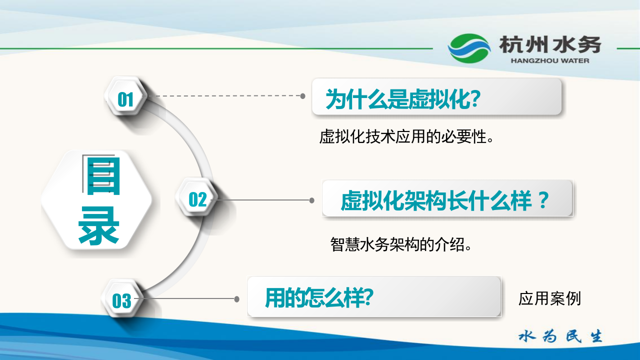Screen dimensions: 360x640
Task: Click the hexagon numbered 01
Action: [x=125, y=99]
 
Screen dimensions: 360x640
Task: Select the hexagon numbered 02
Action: [x=197, y=199]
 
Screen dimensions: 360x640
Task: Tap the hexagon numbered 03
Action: [x=121, y=300]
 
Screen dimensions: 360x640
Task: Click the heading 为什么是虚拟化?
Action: [x=403, y=99]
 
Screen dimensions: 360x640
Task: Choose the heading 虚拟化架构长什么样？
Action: [x=445, y=201]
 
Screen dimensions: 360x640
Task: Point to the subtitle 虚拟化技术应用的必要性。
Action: [x=406, y=136]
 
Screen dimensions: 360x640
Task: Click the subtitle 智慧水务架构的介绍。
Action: [x=401, y=244]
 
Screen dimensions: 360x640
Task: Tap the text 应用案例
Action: [x=549, y=299]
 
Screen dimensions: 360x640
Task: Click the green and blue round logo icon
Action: [x=469, y=48]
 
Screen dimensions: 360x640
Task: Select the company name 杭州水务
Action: [x=550, y=45]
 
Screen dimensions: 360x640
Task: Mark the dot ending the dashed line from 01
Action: [x=302, y=95]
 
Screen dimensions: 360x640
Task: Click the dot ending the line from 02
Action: [x=312, y=200]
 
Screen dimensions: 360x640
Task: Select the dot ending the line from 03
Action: [x=237, y=299]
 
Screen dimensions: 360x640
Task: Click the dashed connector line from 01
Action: [x=225, y=95]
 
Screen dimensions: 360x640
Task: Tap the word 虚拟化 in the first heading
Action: [x=440, y=99]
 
